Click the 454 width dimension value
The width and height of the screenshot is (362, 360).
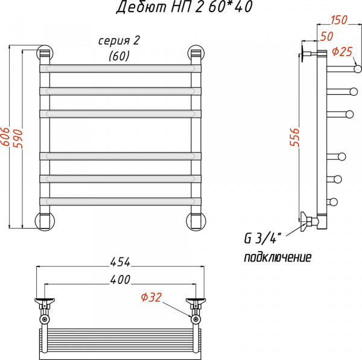(x=120, y=262)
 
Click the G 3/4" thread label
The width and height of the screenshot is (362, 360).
(x=260, y=238)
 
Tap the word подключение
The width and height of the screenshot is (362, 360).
(x=278, y=257)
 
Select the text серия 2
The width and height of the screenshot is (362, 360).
(x=119, y=41)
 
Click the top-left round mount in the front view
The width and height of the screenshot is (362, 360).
(x=44, y=53)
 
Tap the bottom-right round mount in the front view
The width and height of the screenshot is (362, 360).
(x=196, y=221)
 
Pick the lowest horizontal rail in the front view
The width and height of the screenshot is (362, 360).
(x=120, y=201)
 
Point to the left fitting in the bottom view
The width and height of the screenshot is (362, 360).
(x=45, y=305)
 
